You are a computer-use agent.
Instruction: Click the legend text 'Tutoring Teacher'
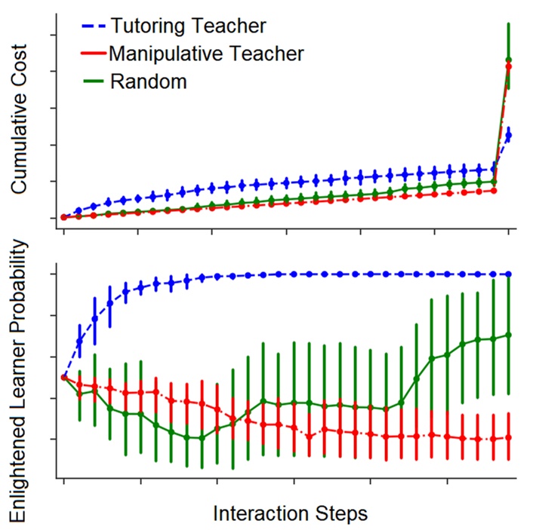coord(188,26)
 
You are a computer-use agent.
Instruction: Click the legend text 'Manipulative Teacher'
coord(206,54)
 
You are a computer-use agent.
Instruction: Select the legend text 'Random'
coord(148,81)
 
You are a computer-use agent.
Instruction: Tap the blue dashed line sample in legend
coord(94,26)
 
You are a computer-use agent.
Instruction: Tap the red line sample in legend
coord(94,54)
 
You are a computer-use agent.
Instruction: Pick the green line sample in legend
coord(94,81)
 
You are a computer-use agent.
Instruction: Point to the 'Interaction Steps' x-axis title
coord(291,513)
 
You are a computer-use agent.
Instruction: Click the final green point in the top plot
coord(509,60)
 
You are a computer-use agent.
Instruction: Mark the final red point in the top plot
coord(509,67)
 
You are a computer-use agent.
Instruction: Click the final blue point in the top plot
coord(509,135)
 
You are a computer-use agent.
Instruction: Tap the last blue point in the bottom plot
coord(509,274)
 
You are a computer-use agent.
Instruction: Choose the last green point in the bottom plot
coord(509,335)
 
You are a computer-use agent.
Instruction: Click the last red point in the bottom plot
coord(509,437)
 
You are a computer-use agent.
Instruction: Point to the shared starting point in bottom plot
coord(64,377)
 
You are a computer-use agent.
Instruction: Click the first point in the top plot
coord(64,217)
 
